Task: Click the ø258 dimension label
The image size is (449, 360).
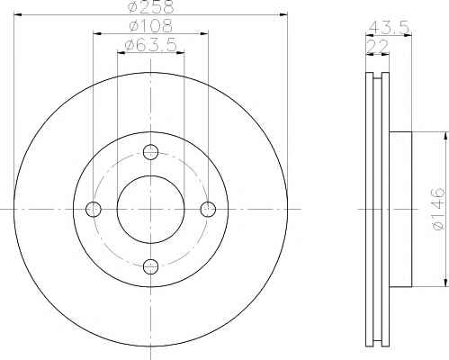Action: [x=150, y=7]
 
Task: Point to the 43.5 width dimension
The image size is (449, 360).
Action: [x=389, y=28]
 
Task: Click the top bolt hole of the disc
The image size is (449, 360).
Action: [x=151, y=151]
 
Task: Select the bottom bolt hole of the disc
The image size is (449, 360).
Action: [x=151, y=265]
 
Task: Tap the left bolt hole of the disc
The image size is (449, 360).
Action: [x=94, y=209]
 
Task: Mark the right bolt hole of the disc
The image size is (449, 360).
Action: [x=208, y=209]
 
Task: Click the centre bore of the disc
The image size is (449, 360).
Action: [x=151, y=209]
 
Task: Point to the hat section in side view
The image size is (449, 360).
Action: [x=400, y=209]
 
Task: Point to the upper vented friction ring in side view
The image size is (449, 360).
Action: [x=376, y=99]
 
